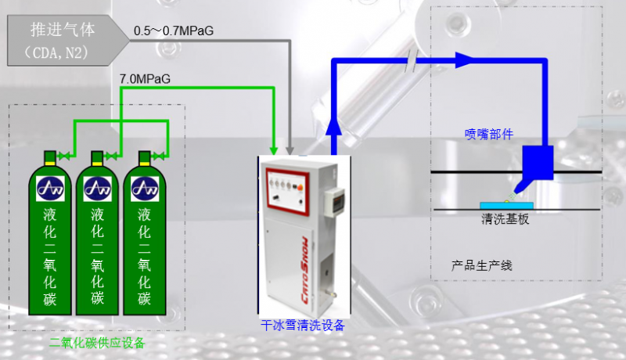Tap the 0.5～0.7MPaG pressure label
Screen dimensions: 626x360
(174, 31)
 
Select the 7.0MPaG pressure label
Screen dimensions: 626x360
(145, 78)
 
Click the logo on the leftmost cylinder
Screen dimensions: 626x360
(50, 189)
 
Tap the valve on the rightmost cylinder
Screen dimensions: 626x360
(159, 156)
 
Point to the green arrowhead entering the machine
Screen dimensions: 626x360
(273, 150)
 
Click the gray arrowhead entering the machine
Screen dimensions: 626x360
(290, 150)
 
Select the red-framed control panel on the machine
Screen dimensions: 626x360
(288, 192)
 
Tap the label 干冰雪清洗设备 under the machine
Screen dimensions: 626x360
(303, 326)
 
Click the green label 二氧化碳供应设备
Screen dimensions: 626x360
(97, 343)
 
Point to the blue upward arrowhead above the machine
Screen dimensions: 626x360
(334, 126)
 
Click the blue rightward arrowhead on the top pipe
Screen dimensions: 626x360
(464, 60)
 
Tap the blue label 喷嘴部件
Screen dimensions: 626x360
(489, 134)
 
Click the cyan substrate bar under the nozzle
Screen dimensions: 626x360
(506, 206)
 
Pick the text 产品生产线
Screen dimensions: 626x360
(481, 265)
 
